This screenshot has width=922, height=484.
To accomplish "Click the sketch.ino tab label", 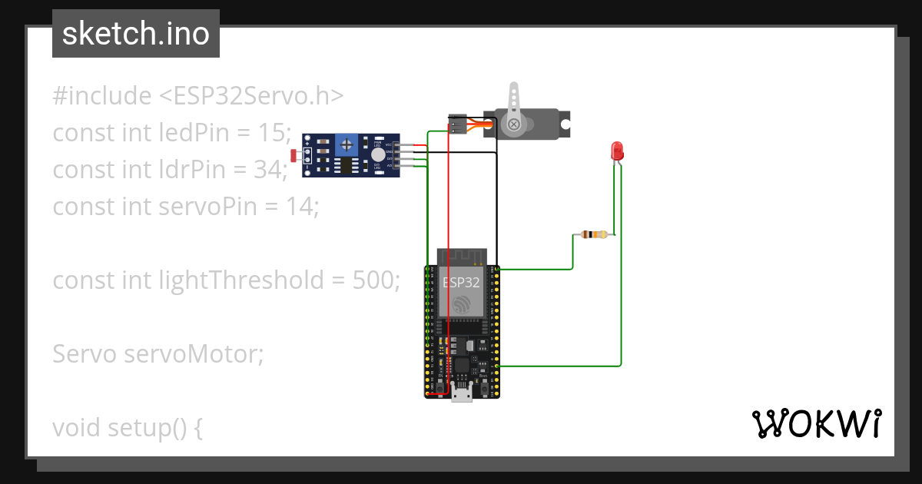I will [x=135, y=34].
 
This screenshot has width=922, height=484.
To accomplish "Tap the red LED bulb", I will [x=616, y=151].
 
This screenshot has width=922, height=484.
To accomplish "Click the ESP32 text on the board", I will [x=461, y=282].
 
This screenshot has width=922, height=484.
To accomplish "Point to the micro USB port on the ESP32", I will [x=462, y=395].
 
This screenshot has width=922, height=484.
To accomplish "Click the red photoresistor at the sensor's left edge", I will [x=295, y=156].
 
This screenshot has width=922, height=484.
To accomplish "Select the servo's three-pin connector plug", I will [x=457, y=123].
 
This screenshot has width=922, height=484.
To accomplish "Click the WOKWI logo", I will [x=816, y=423].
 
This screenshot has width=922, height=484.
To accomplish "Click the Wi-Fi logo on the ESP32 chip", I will [x=461, y=305].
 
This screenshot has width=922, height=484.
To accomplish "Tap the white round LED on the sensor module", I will [x=377, y=154].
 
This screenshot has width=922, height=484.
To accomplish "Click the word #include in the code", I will [x=101, y=96].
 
